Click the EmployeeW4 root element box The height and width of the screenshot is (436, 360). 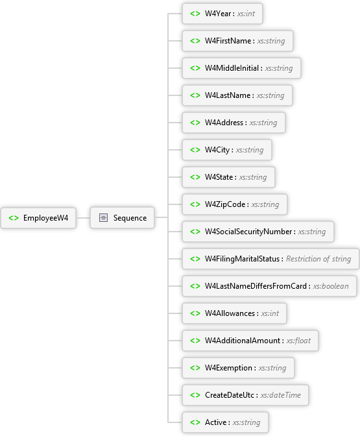coord(38,218)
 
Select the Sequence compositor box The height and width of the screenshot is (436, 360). coord(123,218)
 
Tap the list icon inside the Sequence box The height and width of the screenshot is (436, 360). coord(103,218)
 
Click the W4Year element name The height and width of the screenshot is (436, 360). coord(218,14)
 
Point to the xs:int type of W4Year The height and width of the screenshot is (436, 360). coord(246,14)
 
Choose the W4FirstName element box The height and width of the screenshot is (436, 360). coord(237,41)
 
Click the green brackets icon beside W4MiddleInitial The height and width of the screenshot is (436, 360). coord(195,68)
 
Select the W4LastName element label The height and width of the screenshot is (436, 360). coord(228,95)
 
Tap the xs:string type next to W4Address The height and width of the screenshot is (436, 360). coord(263,123)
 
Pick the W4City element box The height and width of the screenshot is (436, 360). coord(227,150)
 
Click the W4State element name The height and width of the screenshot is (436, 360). coord(219,177)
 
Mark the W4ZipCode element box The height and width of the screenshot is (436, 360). coord(235,204)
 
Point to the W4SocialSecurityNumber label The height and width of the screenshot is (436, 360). coord(248,232)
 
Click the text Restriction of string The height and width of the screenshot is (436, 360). coord(318,259)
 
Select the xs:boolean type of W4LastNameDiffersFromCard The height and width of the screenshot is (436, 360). coord(331,286)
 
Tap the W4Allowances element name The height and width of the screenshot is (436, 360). coord(230,313)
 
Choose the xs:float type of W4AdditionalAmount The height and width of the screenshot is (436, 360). coord(298,341)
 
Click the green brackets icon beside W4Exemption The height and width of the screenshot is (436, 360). coord(195,368)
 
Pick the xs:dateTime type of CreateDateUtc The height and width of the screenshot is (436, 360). coord(281,395)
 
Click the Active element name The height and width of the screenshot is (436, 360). coord(216,422)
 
